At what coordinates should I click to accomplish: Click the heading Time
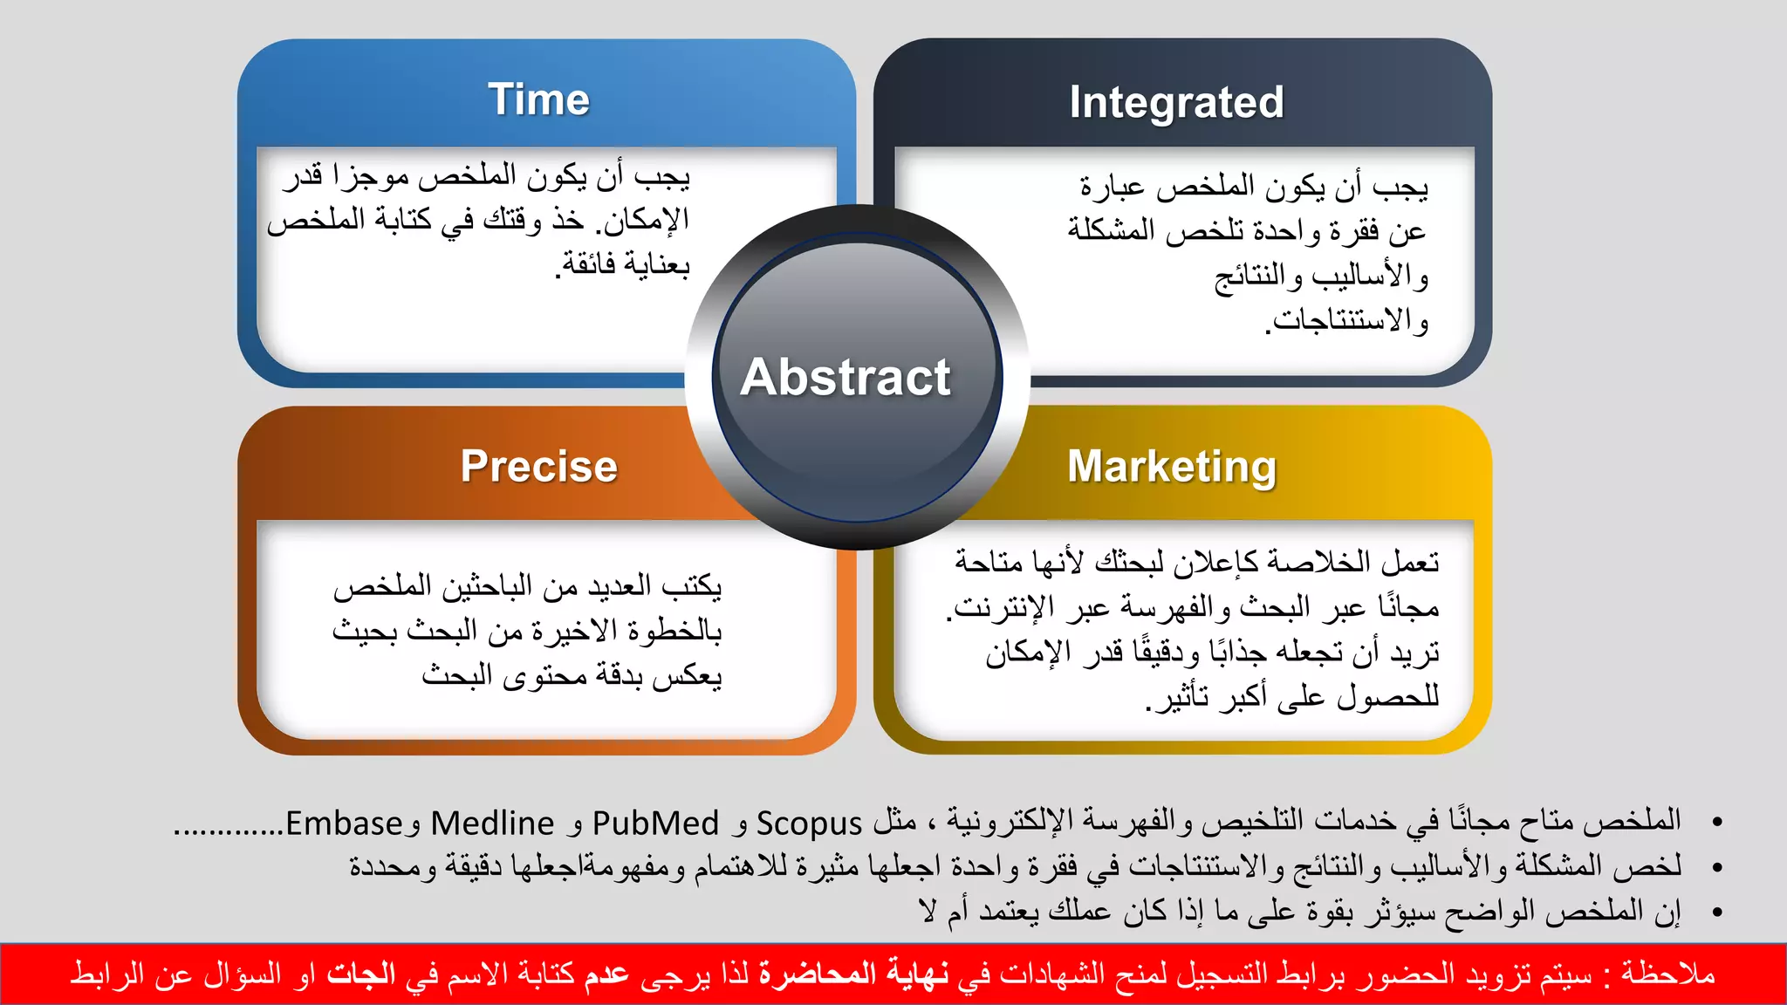point(538,99)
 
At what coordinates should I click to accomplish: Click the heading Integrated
point(1176,103)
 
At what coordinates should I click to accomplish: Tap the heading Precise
point(538,466)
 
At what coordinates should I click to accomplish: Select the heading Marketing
point(1172,467)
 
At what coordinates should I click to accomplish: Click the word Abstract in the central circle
point(845,377)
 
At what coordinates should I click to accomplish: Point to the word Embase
point(344,824)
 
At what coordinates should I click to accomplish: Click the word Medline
point(492,824)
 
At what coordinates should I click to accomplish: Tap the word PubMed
point(655,824)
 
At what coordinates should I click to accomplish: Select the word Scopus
point(809,824)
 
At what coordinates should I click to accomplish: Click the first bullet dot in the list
point(1717,822)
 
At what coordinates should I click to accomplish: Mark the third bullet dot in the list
point(1717,913)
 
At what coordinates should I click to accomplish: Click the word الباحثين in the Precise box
point(487,585)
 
